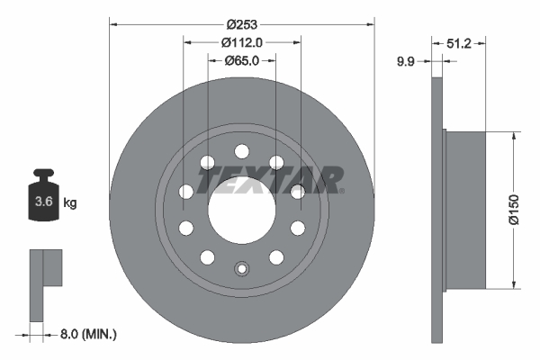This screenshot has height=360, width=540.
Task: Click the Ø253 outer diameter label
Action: (x=240, y=23)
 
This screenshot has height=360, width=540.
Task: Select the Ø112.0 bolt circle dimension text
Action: (x=241, y=41)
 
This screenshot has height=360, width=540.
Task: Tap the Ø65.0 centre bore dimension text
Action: (x=241, y=60)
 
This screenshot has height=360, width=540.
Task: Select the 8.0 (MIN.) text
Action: (x=87, y=333)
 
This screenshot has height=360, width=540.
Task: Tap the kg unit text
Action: (x=69, y=202)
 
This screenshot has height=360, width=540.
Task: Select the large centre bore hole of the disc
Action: (x=241, y=212)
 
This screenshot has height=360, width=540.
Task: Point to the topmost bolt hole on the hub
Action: (x=241, y=152)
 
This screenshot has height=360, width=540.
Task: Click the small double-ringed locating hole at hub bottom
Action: (x=241, y=267)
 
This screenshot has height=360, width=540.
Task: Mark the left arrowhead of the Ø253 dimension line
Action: (x=113, y=23)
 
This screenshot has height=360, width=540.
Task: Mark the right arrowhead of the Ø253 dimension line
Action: (x=369, y=23)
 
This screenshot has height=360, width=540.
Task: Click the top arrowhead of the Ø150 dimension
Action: (x=513, y=136)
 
